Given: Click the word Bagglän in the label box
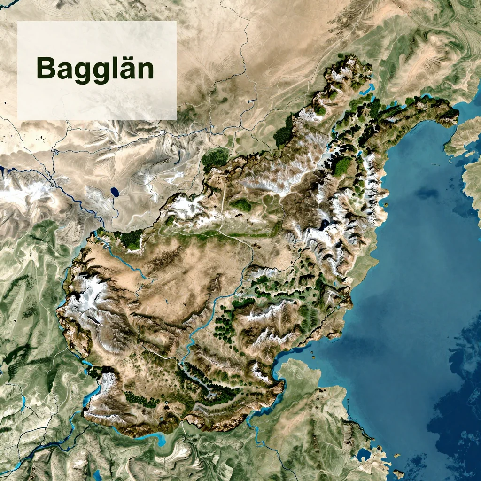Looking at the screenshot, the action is (95, 69).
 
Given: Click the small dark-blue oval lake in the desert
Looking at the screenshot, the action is (115, 192).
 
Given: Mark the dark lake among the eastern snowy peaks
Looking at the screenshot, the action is (325, 225).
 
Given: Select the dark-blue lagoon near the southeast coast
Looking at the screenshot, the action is (364, 454).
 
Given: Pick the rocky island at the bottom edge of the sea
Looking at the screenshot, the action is (398, 473).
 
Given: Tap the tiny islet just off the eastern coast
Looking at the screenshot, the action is (386, 205).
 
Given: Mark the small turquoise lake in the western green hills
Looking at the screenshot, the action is (23, 402).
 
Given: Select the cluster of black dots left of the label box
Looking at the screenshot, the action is (40, 138).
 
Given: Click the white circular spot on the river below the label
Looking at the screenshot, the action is (162, 133).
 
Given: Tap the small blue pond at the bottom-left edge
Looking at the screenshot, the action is (97, 475).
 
